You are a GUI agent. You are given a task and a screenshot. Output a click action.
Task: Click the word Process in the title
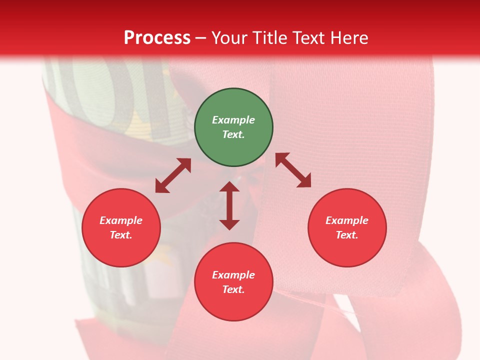click(x=157, y=38)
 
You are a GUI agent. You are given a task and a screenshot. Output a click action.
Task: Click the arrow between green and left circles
click(x=173, y=175)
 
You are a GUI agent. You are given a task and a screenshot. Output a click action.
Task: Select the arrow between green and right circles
click(x=293, y=170)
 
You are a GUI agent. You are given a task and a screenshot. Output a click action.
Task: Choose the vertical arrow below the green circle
click(x=229, y=205)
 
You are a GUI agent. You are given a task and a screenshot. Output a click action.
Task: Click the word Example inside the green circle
click(x=233, y=120)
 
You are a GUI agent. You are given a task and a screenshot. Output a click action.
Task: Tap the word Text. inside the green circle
click(x=233, y=134)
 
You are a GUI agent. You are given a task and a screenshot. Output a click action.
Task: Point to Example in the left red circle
click(x=121, y=220)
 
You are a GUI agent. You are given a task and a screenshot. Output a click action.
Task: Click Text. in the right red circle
click(x=347, y=235)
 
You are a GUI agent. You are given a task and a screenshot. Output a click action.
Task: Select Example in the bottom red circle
click(x=233, y=275)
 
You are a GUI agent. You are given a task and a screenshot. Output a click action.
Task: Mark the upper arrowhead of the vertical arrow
click(x=229, y=186)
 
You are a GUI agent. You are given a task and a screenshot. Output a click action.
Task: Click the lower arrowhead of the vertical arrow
click(x=229, y=224)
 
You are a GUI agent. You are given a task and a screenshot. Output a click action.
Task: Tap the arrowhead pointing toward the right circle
click(x=304, y=181)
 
